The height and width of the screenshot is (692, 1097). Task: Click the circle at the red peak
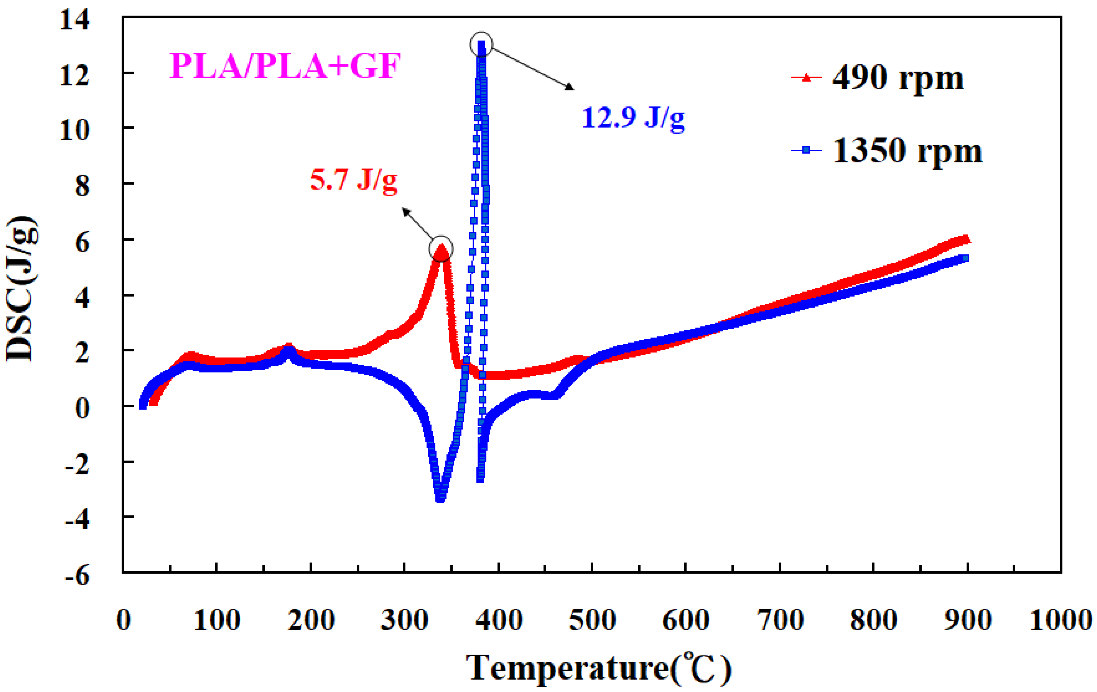(441, 249)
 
